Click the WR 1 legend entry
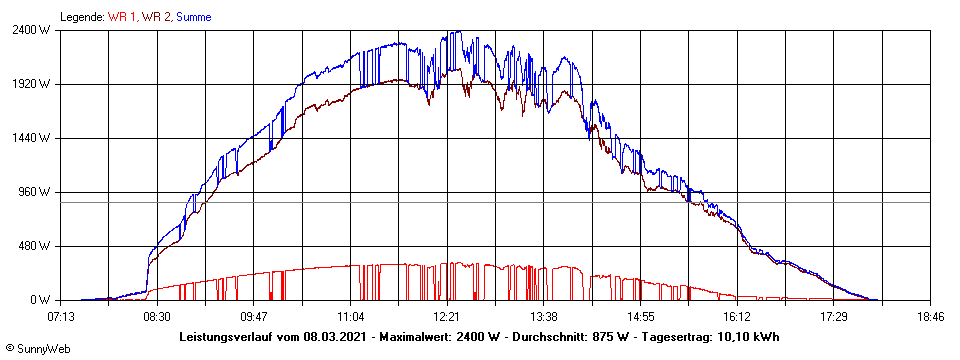pos(123,16)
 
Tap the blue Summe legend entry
pos(194,16)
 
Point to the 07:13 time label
pos(60,316)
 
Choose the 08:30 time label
pos(157,316)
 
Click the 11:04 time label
pos(350,316)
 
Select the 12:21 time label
pos(447,316)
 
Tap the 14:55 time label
pos(641,316)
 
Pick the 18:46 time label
pos(930,316)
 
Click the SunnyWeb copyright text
pos(38,348)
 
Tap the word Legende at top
pos(81,16)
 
